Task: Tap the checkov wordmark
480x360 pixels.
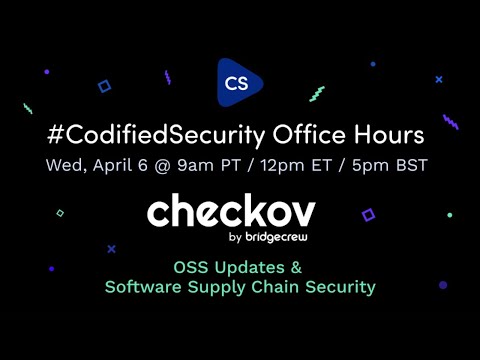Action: (231, 212)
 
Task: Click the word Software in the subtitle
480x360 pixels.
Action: (143, 288)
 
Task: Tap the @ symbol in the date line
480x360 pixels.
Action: (165, 164)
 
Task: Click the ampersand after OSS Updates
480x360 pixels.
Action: (295, 268)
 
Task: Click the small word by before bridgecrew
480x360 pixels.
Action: (236, 238)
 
